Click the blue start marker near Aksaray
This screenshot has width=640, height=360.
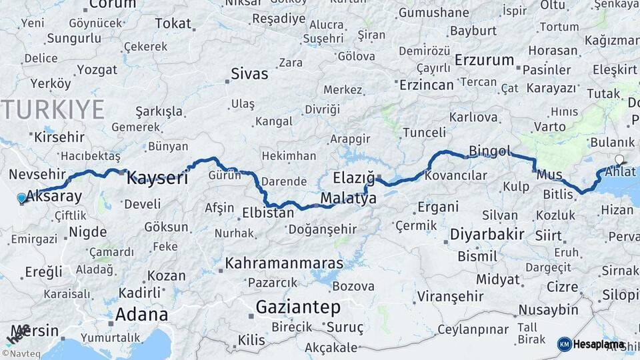point(22,198)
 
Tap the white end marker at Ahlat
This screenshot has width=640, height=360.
point(620,160)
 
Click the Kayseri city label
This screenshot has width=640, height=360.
point(157,177)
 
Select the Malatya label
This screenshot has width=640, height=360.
point(348,199)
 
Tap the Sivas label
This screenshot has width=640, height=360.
point(249,73)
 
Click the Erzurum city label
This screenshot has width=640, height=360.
point(485,60)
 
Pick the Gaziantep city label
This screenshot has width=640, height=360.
point(298,307)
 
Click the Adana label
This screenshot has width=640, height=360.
point(141,314)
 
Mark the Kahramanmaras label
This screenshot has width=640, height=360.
point(285,263)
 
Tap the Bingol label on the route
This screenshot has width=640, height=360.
point(489,151)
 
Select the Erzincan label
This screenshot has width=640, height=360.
point(426,85)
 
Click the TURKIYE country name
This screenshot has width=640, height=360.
point(53,109)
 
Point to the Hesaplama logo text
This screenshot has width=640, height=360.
point(599,345)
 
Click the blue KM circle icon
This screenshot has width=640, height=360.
point(564,345)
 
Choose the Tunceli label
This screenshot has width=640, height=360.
point(424,133)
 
